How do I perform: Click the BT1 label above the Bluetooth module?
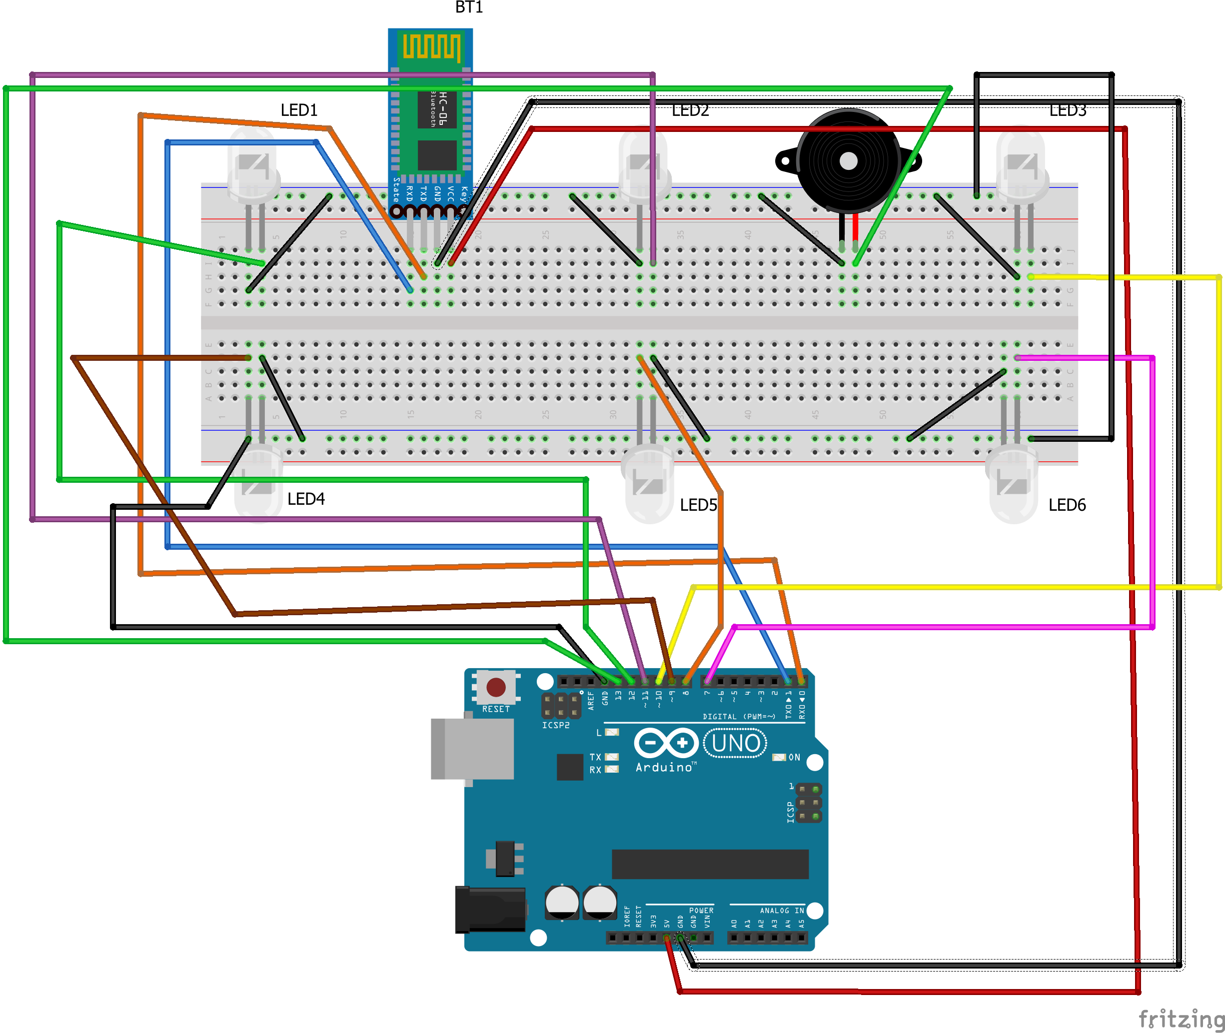tap(469, 7)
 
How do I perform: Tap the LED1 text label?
tap(299, 110)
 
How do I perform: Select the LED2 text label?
tap(690, 110)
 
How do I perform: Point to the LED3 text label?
tap(1068, 110)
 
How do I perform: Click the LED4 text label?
tap(306, 499)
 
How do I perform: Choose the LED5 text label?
tap(698, 505)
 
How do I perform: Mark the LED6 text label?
tap(1067, 505)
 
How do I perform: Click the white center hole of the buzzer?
tap(849, 160)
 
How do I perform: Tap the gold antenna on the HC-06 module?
tap(431, 47)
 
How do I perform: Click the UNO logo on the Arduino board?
tap(736, 743)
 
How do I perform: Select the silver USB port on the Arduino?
tap(472, 749)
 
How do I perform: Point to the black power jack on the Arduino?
tap(491, 910)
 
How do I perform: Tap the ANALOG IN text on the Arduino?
tap(782, 911)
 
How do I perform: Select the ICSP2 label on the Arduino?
tap(555, 725)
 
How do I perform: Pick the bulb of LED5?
tap(648, 486)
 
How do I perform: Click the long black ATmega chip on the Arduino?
tap(710, 865)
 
